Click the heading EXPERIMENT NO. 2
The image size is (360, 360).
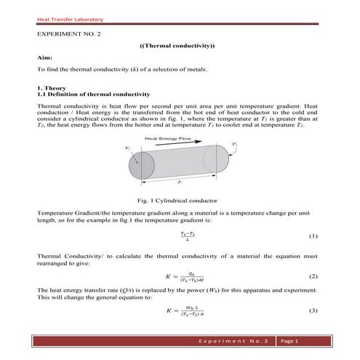[x=69, y=34]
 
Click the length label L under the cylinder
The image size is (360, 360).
[x=179, y=185]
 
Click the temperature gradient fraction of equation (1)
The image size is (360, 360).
[x=188, y=236]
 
